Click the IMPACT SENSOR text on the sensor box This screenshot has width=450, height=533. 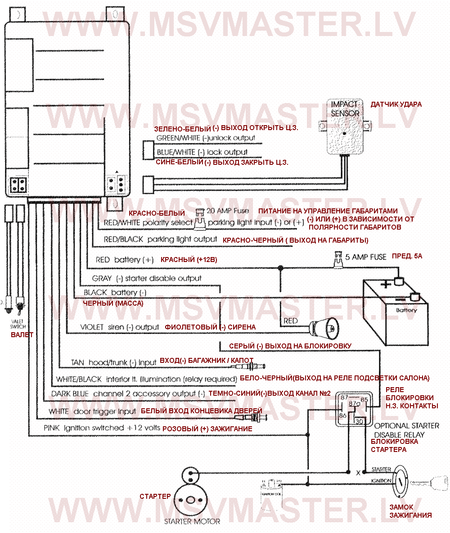(345, 108)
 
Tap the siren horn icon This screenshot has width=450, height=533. (324, 326)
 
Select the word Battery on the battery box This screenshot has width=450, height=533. (406, 310)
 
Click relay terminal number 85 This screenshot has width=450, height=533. (364, 399)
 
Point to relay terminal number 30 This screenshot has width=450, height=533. (360, 421)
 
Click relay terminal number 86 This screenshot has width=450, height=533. (343, 416)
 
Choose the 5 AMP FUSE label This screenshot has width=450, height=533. (365, 257)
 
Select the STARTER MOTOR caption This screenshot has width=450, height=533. (192, 521)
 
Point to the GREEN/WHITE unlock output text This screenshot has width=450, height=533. (206, 138)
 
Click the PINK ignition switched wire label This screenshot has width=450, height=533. (102, 428)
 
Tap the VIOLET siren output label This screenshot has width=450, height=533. (120, 327)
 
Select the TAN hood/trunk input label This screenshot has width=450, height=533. (114, 362)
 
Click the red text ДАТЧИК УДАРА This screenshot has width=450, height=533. (396, 104)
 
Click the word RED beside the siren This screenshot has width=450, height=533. (291, 321)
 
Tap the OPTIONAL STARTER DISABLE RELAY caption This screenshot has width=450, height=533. (406, 430)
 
